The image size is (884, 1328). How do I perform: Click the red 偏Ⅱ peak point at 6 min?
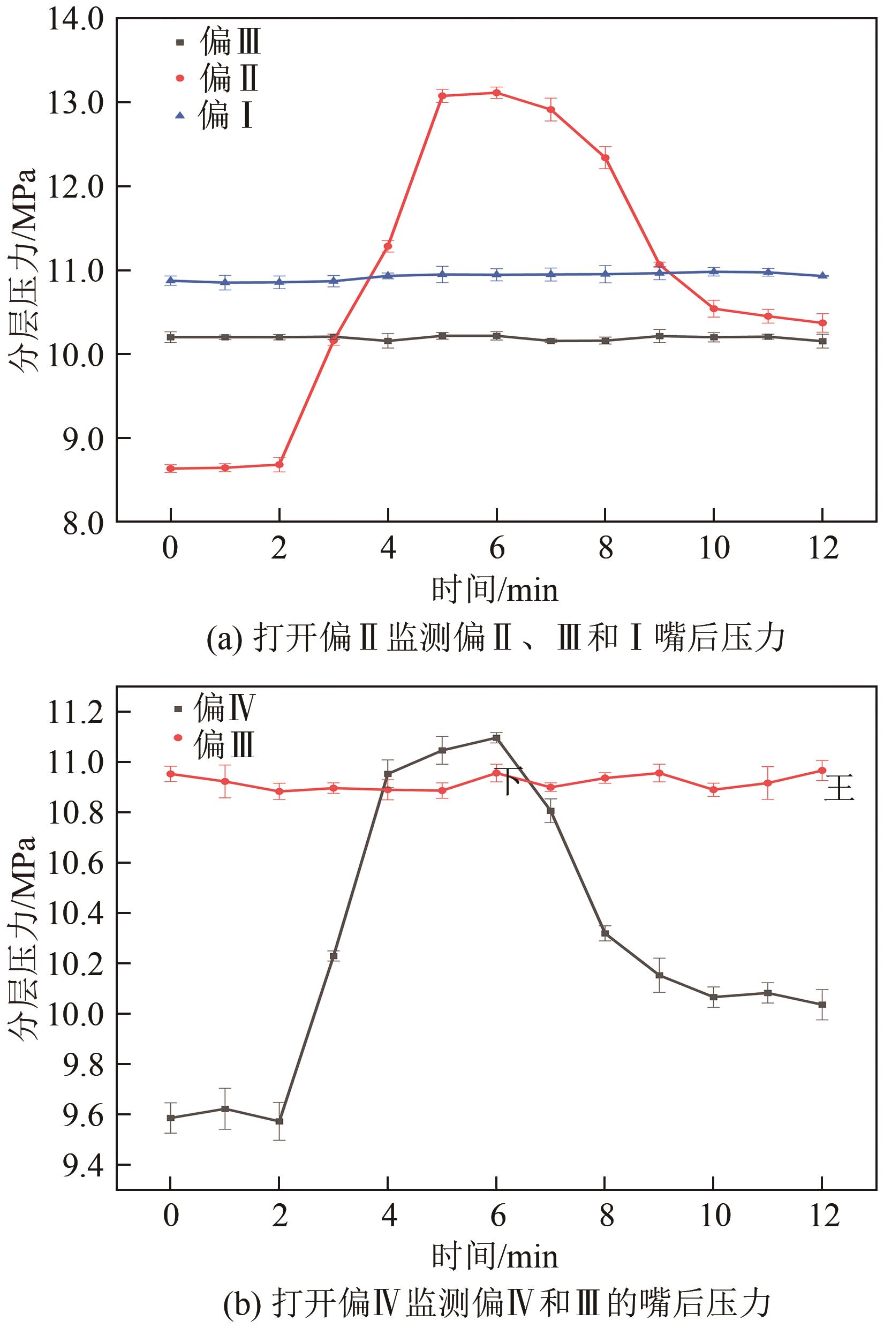[496, 93]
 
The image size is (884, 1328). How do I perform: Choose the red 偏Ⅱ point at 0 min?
[170, 469]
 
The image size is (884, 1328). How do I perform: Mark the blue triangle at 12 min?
[822, 276]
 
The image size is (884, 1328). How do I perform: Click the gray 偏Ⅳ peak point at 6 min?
[496, 737]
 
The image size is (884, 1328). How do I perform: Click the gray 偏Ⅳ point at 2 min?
[279, 1121]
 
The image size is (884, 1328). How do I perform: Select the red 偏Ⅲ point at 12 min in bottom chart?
[822, 771]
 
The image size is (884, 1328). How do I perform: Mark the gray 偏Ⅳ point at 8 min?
[605, 933]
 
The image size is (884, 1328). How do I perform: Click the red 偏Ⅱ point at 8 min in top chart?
[605, 158]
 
